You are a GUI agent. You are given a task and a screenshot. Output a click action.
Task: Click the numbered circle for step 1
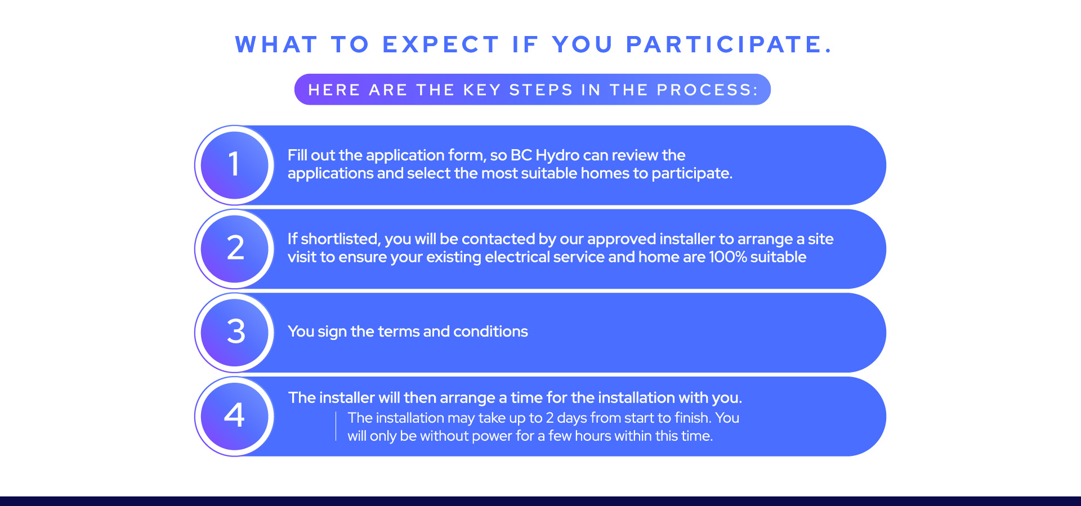(234, 165)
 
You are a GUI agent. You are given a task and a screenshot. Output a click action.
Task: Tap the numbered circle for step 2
(234, 249)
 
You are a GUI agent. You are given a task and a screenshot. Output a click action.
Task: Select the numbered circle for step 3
(234, 332)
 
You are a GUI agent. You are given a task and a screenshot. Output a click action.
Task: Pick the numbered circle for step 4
(234, 416)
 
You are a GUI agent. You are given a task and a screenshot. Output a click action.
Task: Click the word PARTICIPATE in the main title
(729, 44)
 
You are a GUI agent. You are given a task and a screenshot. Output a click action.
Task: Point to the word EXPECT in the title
(440, 44)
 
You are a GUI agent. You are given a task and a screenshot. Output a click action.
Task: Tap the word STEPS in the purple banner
(541, 90)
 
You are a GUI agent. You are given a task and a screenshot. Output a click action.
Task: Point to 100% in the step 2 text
(727, 257)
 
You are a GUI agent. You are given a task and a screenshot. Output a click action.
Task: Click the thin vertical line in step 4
(336, 426)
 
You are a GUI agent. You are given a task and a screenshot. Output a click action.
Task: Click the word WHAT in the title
(276, 44)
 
